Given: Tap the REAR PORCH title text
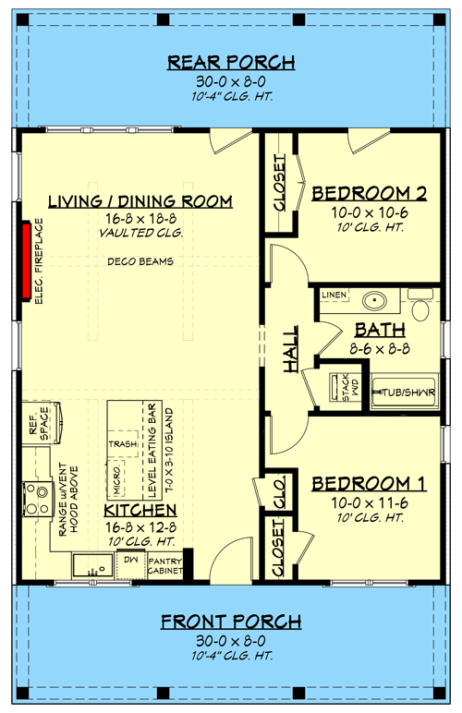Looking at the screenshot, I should click(231, 63).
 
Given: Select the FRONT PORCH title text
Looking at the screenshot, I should click(231, 621).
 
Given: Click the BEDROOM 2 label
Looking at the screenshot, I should click(368, 193).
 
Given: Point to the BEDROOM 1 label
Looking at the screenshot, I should click(368, 485).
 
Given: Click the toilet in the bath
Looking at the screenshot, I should click(422, 306).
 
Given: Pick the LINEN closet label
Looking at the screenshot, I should click(334, 295).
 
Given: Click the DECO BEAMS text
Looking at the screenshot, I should click(140, 261).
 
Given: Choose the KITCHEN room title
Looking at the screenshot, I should click(140, 511).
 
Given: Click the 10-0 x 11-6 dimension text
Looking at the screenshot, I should click(368, 502).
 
